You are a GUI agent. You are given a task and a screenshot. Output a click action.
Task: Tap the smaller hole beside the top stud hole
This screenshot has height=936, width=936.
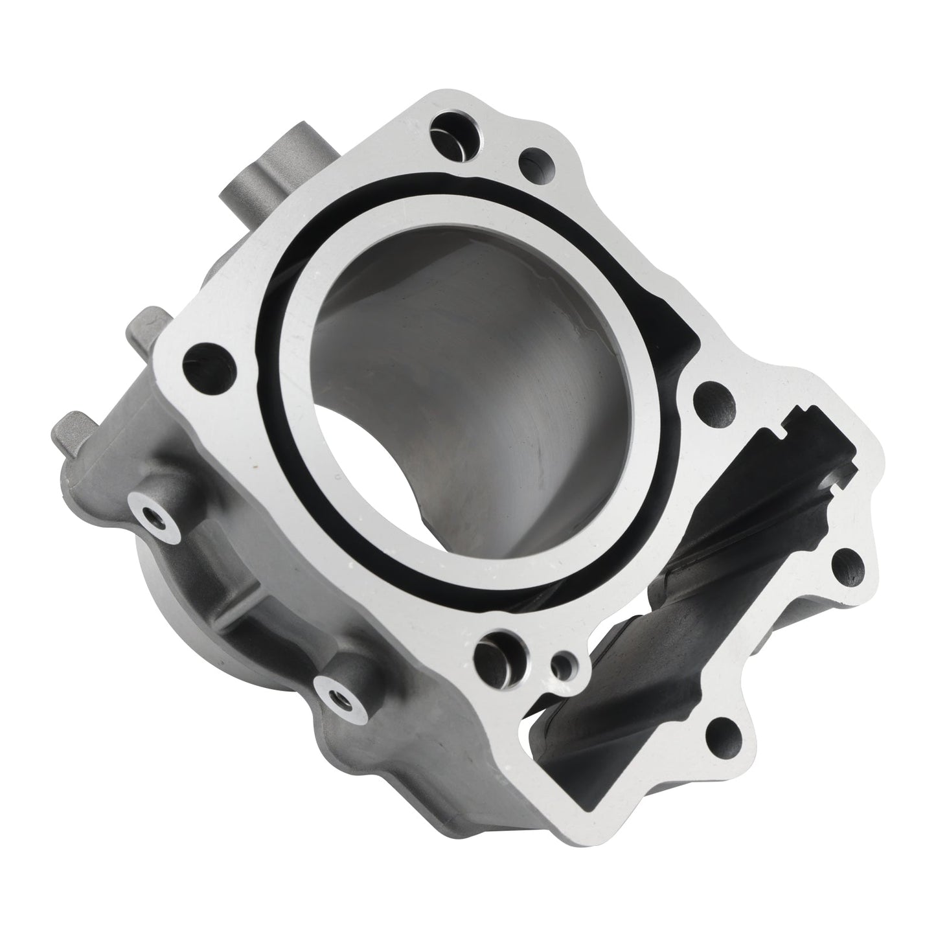(535, 159)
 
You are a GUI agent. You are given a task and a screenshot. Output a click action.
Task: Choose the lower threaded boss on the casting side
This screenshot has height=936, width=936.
(337, 696)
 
